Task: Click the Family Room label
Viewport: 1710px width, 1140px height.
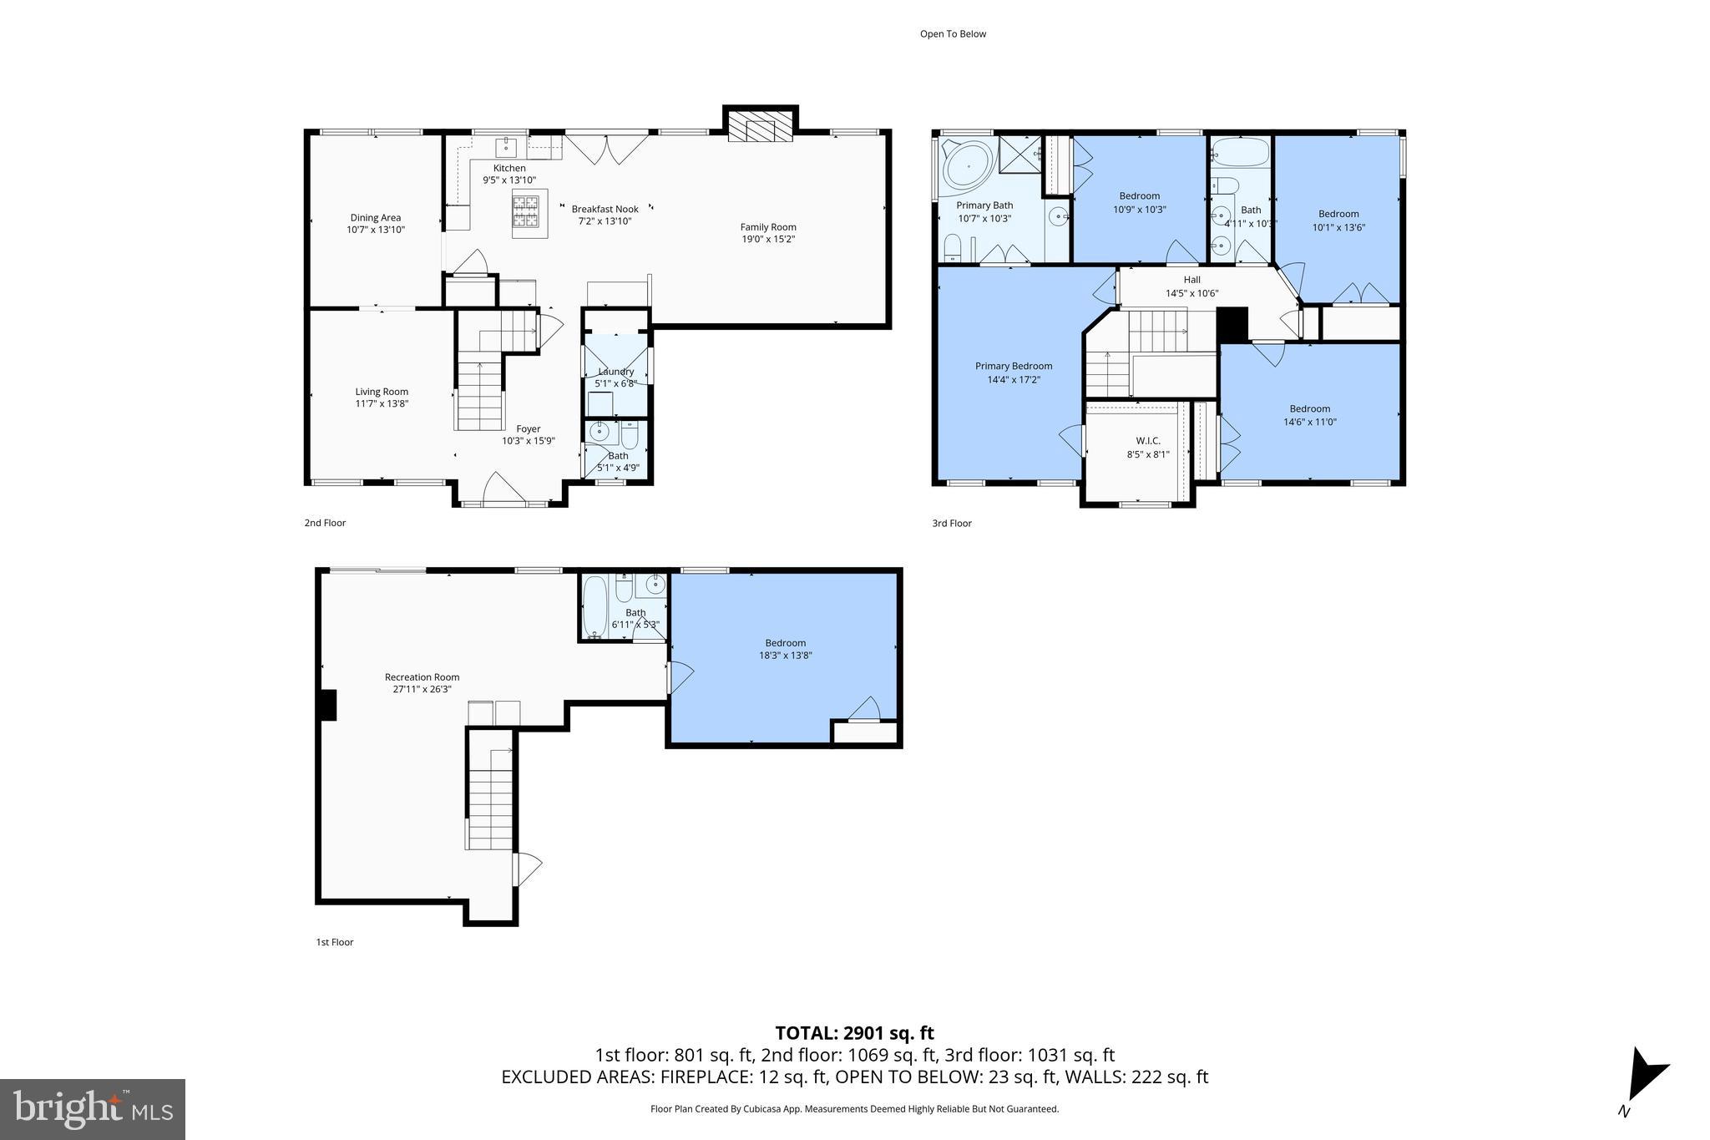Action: (x=768, y=227)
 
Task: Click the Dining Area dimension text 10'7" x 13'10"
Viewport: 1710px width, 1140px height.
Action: (x=376, y=230)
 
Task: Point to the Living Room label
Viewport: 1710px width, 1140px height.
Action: (x=382, y=392)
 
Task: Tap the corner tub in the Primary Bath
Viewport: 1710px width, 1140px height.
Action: (x=968, y=166)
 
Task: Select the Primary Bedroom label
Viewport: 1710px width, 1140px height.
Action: (x=1014, y=366)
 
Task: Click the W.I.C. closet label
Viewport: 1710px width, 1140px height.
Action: (x=1147, y=441)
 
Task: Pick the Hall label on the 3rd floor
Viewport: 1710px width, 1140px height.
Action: (x=1191, y=280)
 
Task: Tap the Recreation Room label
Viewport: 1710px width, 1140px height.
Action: (x=422, y=677)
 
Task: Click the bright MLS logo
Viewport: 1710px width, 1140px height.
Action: (x=92, y=1109)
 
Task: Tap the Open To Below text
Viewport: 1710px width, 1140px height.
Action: (x=953, y=34)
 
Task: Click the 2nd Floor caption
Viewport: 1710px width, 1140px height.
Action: (x=325, y=523)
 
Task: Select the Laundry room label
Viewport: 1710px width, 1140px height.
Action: (x=615, y=372)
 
